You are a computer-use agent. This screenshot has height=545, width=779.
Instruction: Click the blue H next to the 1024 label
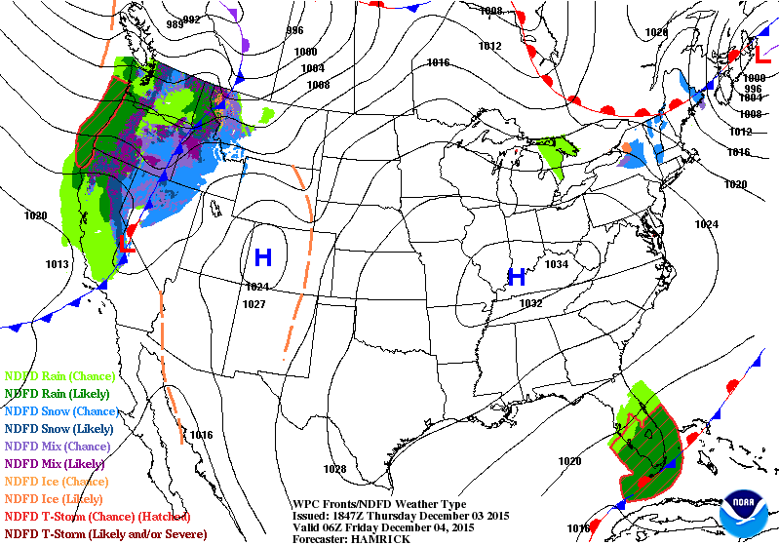tap(262, 257)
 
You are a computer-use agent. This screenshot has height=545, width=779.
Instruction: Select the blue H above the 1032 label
tap(517, 277)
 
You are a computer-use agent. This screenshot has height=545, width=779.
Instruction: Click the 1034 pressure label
tap(557, 264)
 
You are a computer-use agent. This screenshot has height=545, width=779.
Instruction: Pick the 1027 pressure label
tap(255, 304)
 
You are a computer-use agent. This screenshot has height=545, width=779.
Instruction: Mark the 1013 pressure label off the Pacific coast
tap(58, 264)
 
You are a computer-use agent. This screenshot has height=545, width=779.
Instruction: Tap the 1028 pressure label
tap(334, 469)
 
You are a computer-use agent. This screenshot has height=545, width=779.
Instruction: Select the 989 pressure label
tap(175, 22)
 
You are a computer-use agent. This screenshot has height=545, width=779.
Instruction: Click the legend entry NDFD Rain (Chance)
tap(60, 375)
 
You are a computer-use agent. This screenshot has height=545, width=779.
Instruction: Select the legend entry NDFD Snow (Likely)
tap(60, 428)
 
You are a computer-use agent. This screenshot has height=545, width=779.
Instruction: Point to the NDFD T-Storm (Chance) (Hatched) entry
tap(97, 516)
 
